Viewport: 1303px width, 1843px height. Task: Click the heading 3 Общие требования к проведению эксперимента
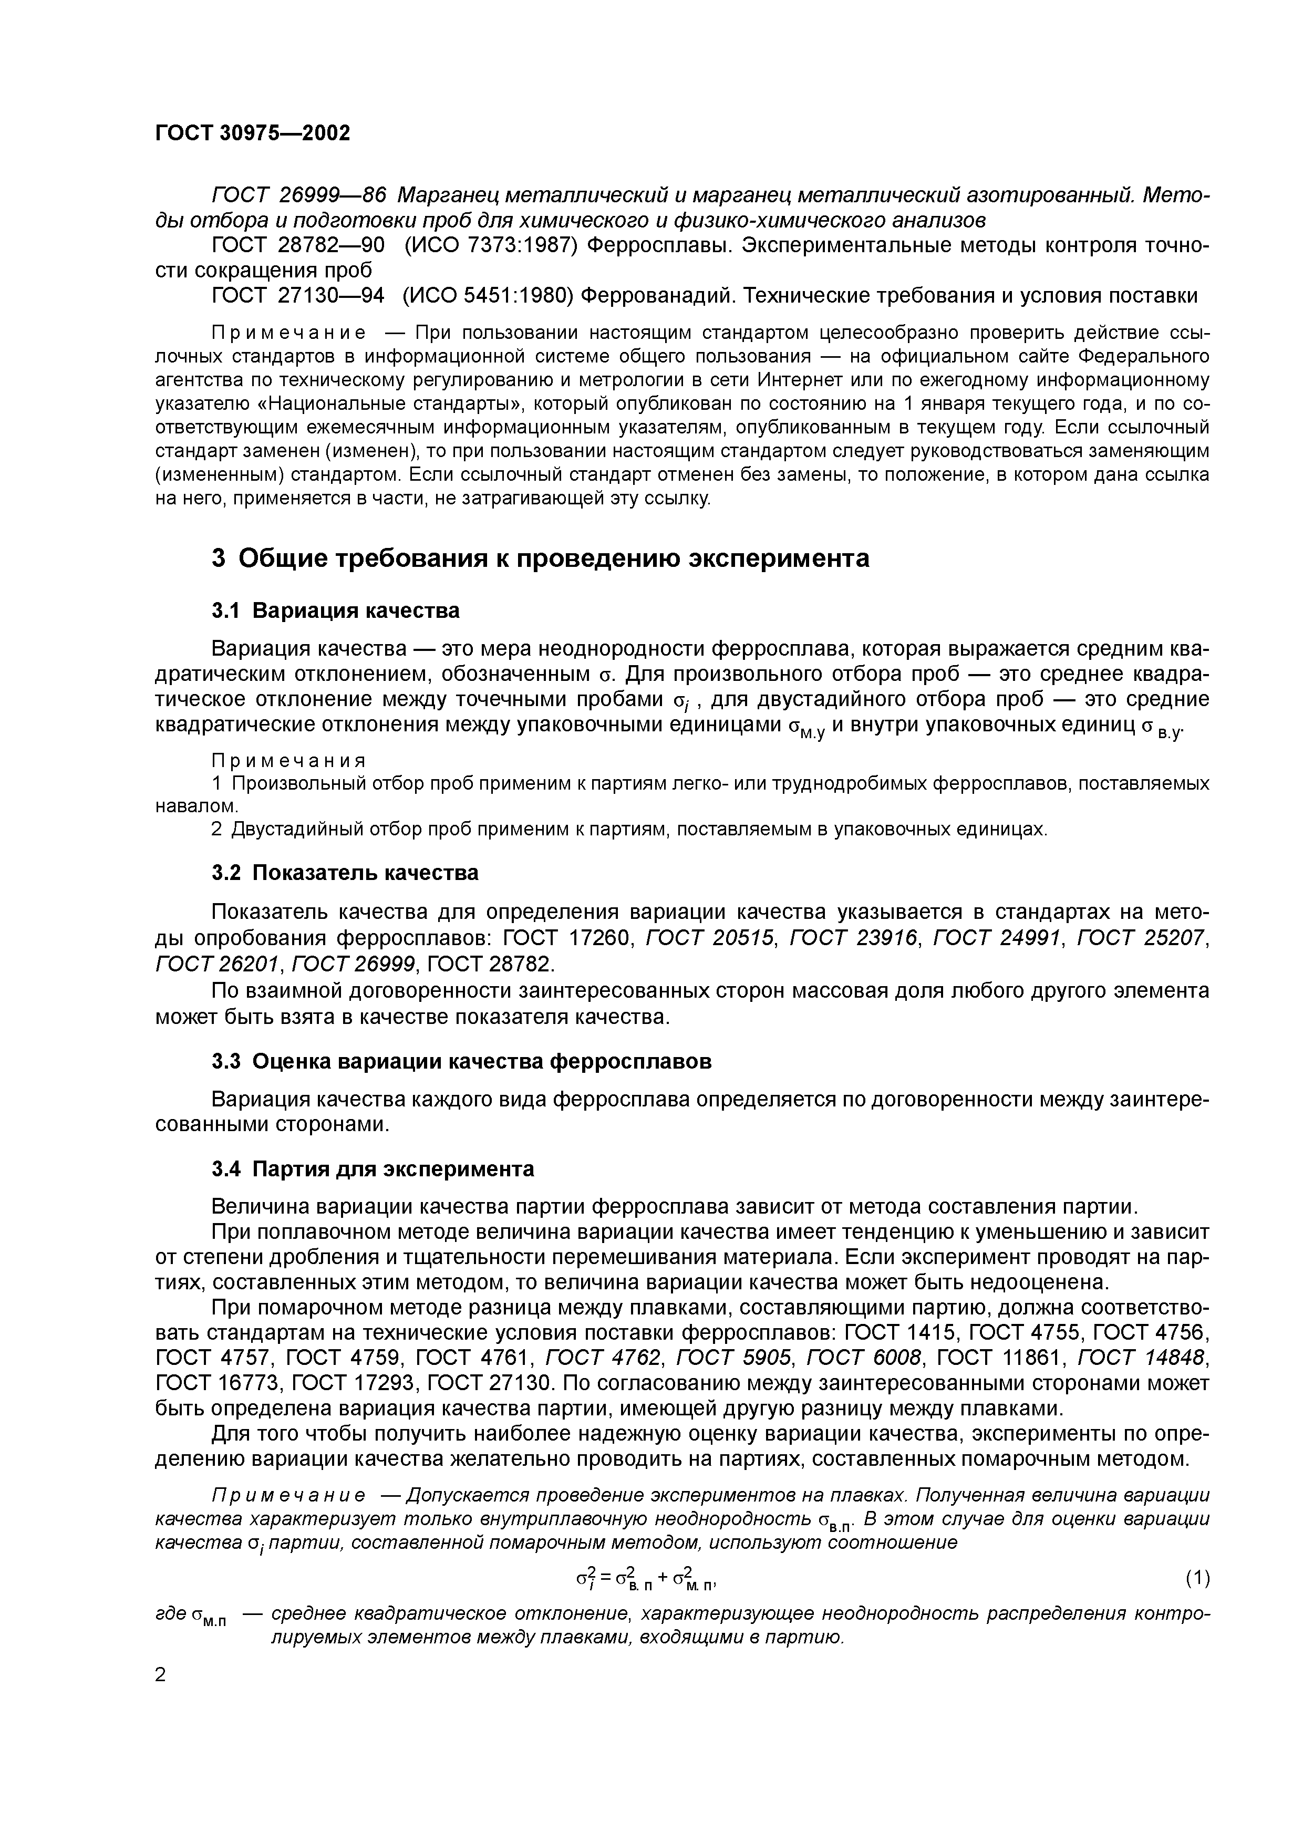click(540, 558)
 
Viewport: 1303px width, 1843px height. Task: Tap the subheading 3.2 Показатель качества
click(345, 873)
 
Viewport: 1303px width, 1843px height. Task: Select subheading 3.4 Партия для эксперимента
click(373, 1169)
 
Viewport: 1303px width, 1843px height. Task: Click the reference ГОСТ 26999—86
click(298, 195)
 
